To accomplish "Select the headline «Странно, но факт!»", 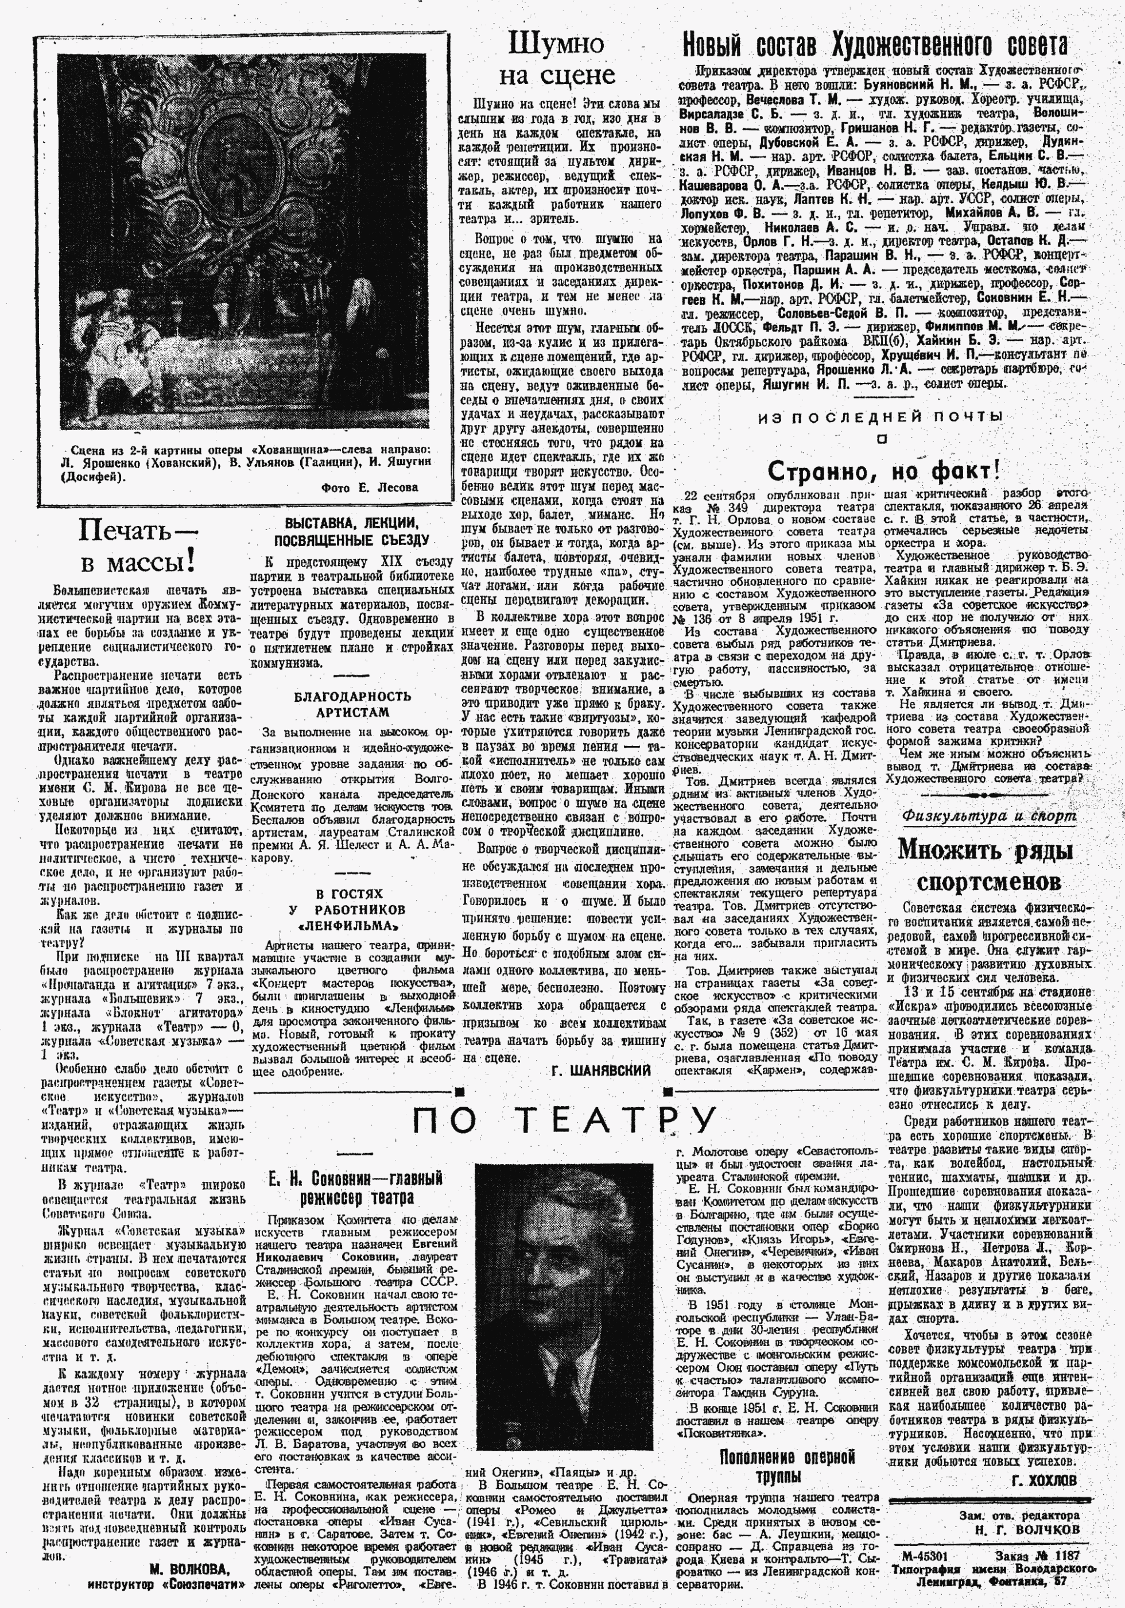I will (x=883, y=470).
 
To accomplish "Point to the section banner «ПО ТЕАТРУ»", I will (x=564, y=1120).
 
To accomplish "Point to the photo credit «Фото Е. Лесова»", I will (x=370, y=488).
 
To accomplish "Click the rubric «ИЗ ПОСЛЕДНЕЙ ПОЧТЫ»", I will (x=880, y=418).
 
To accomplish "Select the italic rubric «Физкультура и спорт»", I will (x=988, y=816).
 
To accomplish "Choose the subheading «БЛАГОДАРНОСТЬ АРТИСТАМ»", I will (x=352, y=704).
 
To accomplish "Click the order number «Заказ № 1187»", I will (x=1036, y=1570).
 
